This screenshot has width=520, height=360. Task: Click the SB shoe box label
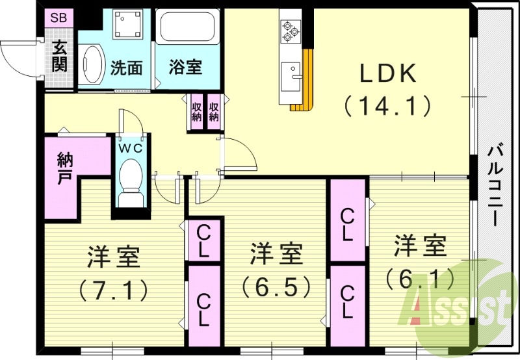[x=58, y=18]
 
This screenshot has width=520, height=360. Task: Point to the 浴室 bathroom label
[x=185, y=68]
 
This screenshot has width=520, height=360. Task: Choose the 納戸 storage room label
[x=64, y=168]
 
